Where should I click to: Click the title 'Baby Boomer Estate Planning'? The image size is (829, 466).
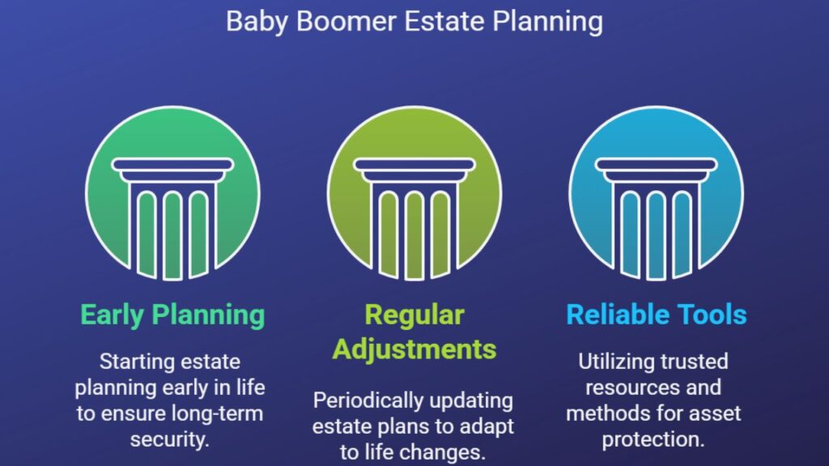tap(414, 22)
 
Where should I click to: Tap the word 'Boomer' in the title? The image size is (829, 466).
tap(346, 22)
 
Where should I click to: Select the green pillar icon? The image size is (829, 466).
tap(172, 193)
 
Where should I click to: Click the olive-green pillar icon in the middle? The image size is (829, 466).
tap(414, 193)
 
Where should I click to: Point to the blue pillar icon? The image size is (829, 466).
tap(656, 193)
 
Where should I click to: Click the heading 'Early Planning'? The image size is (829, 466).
tap(172, 316)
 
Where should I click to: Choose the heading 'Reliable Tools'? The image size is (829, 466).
tap(656, 315)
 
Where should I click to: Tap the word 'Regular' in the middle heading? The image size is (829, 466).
tap(414, 316)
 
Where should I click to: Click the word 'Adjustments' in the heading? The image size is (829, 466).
tap(414, 349)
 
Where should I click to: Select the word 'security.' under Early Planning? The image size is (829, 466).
tap(170, 439)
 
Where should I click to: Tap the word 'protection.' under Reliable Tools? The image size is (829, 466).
tap(653, 439)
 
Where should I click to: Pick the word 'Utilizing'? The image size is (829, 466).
tap(614, 362)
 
